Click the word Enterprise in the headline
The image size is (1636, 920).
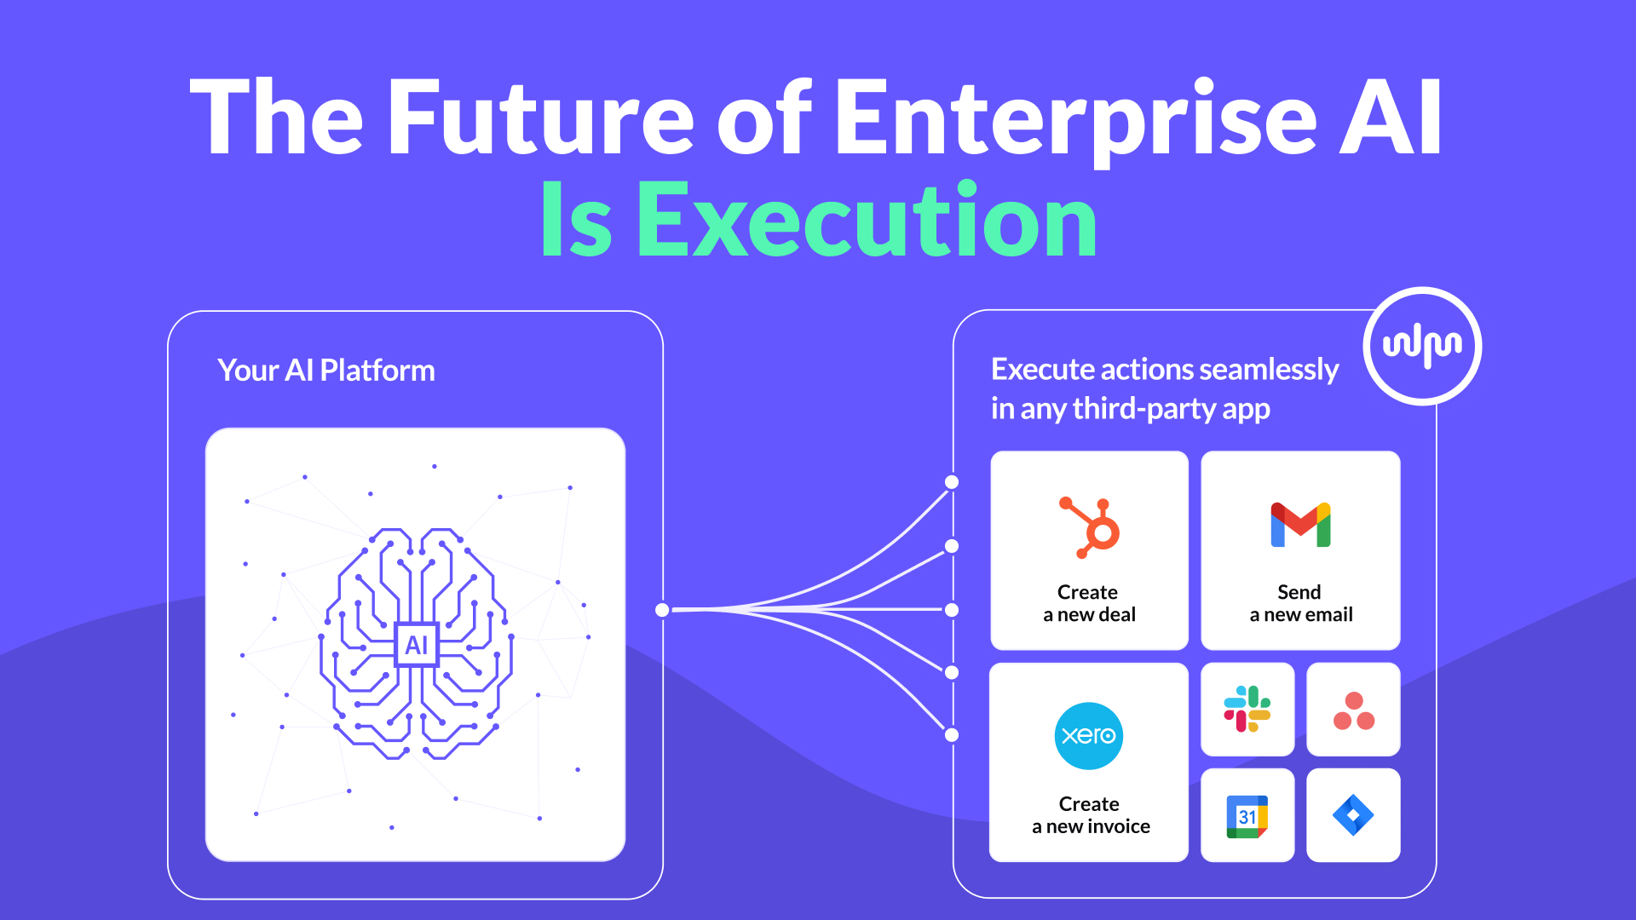click(x=1076, y=119)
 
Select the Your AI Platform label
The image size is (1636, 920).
click(x=326, y=371)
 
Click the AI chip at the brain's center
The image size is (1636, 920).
click(x=417, y=645)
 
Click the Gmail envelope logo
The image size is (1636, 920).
click(x=1300, y=525)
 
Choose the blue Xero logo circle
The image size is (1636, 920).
click(x=1089, y=736)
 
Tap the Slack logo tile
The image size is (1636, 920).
click(x=1247, y=710)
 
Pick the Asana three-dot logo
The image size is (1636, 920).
click(x=1354, y=711)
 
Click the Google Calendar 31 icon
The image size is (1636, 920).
click(x=1247, y=816)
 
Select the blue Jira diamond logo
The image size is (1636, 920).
click(x=1353, y=815)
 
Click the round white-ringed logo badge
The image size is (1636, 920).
click(x=1423, y=346)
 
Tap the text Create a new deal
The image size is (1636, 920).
click(x=1089, y=603)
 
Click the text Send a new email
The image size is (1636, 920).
click(x=1300, y=603)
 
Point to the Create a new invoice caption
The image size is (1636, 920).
click(x=1091, y=815)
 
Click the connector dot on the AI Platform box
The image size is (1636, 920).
click(x=662, y=610)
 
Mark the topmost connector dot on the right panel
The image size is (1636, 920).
click(x=952, y=482)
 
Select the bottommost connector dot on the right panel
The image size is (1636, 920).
click(x=952, y=735)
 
